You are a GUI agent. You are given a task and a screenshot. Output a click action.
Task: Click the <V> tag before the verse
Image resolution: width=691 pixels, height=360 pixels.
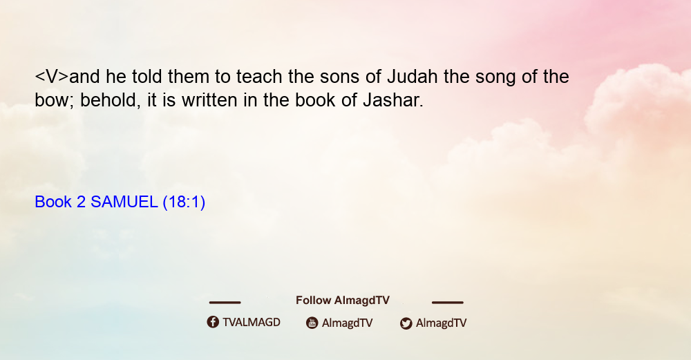[x=52, y=77]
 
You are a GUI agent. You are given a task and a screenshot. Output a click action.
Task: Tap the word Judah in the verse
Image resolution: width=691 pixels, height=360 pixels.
[x=413, y=76]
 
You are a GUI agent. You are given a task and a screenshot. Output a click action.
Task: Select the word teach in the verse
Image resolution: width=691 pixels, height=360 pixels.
[x=259, y=76]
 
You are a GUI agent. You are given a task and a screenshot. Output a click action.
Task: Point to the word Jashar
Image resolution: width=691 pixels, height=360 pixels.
[x=393, y=100]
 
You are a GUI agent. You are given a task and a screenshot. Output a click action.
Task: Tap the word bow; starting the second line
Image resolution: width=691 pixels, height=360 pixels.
[x=55, y=100]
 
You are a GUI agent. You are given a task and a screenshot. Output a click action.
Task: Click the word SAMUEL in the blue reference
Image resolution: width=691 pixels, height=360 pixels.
[x=124, y=202]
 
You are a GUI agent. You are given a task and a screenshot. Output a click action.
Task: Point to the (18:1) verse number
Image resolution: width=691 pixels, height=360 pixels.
[x=184, y=202]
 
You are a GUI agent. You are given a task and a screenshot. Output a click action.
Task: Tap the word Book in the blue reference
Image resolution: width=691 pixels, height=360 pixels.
[x=53, y=202]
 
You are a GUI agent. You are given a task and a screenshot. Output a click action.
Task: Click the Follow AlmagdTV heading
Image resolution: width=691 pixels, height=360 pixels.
[x=343, y=300]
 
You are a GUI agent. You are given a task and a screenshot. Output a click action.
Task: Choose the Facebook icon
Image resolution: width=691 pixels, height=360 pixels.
[x=213, y=322]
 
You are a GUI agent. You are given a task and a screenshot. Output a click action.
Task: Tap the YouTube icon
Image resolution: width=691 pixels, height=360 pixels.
[x=312, y=323]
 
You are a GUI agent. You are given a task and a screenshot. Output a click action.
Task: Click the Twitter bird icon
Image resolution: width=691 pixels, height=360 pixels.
[x=406, y=323]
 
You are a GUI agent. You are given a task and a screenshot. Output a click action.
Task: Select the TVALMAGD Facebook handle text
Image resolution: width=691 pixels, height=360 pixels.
[x=252, y=322]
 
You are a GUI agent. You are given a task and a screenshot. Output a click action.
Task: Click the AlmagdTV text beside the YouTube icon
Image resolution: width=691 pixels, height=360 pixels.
[x=348, y=323]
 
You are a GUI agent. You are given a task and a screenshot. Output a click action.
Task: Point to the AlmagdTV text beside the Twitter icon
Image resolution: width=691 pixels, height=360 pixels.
[x=441, y=323]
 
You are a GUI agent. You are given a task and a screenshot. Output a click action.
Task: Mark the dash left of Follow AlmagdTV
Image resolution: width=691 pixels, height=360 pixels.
[x=225, y=303]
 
